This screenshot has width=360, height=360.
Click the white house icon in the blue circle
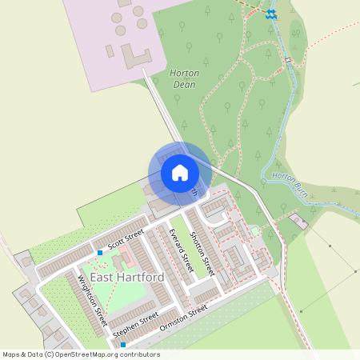[x=179, y=172]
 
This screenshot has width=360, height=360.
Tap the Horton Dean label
[x=185, y=78]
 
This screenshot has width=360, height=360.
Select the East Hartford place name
[x=127, y=277]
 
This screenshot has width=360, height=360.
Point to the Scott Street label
[x=126, y=238]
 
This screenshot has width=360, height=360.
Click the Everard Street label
[x=182, y=247]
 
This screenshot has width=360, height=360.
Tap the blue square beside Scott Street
[x=100, y=253]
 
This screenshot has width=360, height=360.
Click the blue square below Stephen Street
[x=123, y=345]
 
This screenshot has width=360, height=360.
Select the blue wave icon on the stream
[x=271, y=14]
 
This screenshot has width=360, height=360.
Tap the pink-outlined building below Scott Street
[x=124, y=260]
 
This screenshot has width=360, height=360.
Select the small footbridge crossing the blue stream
[x=286, y=59]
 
